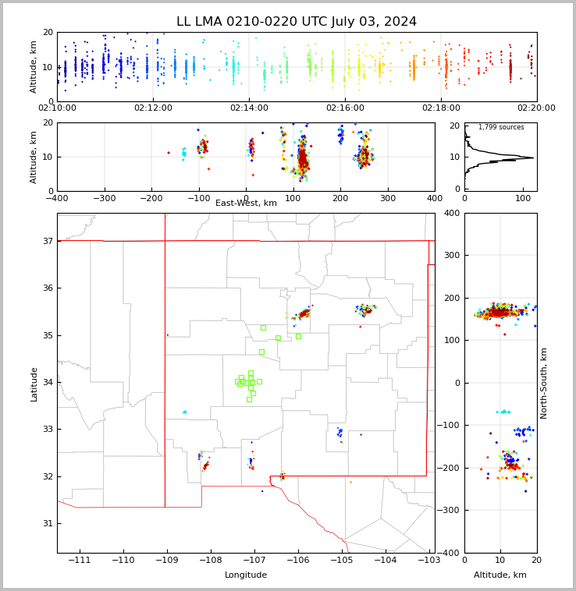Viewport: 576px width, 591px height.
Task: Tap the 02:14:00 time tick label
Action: pos(249,108)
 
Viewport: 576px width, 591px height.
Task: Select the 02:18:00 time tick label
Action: pos(441,108)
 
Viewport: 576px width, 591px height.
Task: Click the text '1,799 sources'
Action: pos(501,127)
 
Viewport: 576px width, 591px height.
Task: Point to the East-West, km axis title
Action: pos(246,203)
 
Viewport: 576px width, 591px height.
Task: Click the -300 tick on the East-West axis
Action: pos(105,198)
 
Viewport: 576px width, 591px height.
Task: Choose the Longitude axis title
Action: pos(246,575)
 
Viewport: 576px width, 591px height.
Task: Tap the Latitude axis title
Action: pos(34,384)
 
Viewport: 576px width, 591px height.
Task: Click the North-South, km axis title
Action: pos(543,384)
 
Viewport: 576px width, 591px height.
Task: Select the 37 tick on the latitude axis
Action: pos(48,241)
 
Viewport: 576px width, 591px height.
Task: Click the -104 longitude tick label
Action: pos(386,560)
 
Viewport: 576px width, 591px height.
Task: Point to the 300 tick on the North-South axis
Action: pos(452,255)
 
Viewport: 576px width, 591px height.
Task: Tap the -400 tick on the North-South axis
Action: pos(449,553)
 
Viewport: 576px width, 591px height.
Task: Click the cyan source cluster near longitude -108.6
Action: pos(184,412)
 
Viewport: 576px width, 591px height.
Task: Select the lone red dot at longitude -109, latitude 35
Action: pos(168,334)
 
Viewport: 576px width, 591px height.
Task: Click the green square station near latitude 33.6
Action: pos(249,399)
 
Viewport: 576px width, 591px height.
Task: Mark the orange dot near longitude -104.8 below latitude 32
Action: pos(350,482)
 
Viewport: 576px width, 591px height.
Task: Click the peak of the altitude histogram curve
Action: pos(533,157)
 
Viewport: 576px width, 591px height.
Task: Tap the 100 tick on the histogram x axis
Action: pos(523,198)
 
